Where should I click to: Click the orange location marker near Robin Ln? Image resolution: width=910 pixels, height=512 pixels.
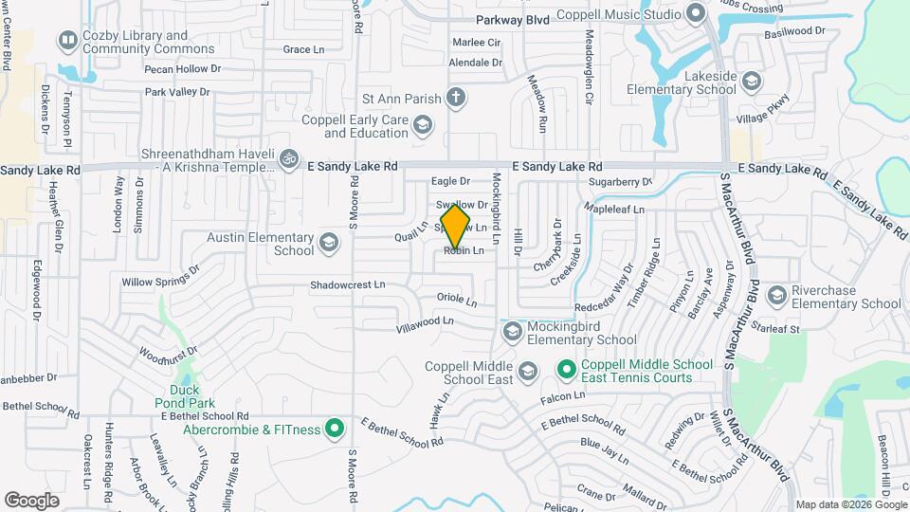point(455,227)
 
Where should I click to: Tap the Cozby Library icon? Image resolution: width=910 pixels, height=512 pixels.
point(67,41)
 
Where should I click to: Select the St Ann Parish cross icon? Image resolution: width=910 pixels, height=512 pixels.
point(456,97)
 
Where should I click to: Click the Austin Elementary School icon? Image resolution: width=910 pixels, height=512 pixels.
point(329,244)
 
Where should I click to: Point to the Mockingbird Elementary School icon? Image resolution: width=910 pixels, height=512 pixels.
point(513,331)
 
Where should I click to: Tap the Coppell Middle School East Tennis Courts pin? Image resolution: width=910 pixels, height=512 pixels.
point(566,369)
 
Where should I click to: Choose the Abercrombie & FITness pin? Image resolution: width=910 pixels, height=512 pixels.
point(334,429)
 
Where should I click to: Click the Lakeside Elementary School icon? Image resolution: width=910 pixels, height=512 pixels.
point(752,82)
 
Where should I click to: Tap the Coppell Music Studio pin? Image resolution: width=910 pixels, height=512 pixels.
point(696,14)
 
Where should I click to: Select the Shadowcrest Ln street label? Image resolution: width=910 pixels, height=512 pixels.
point(348,284)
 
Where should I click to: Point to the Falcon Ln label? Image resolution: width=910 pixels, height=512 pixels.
point(565,396)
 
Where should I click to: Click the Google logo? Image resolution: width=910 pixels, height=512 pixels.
point(32,499)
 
